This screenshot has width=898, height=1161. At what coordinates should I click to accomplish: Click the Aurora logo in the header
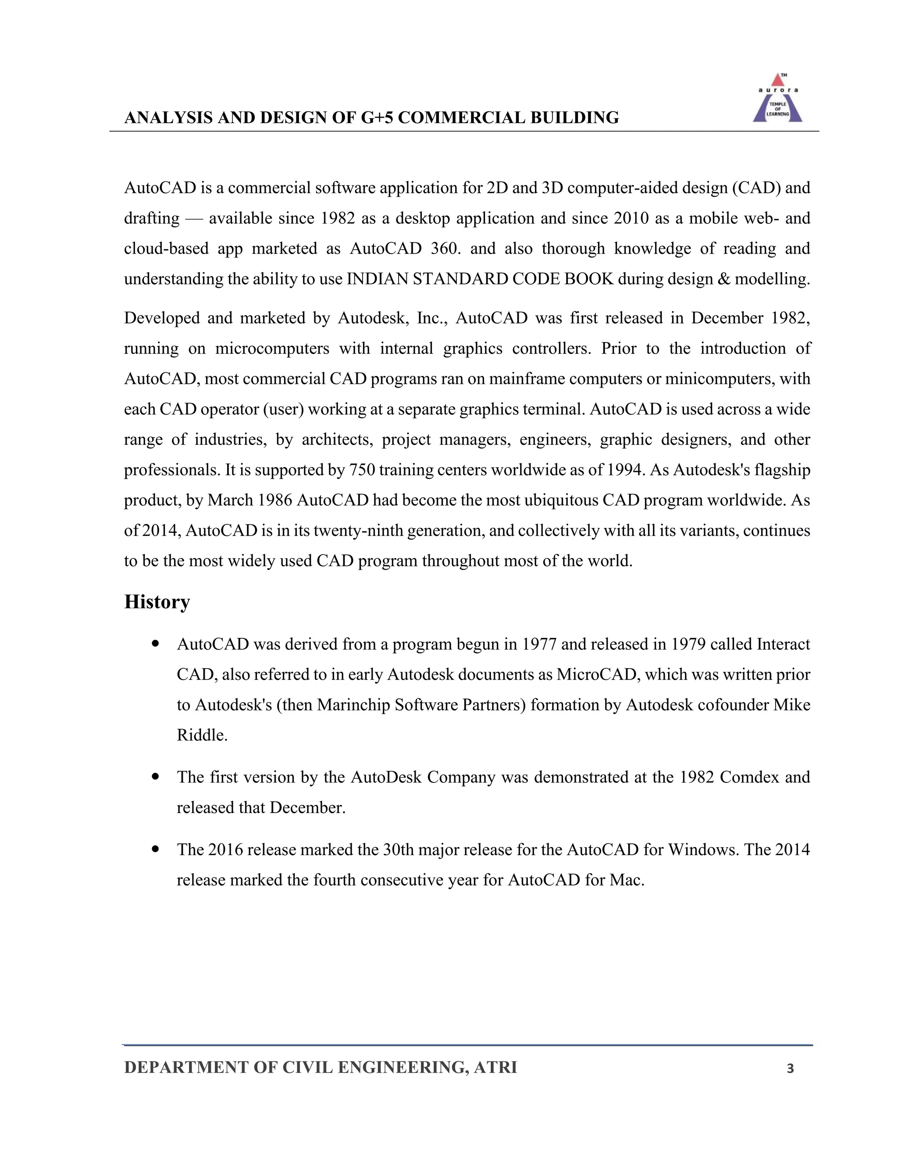point(777,99)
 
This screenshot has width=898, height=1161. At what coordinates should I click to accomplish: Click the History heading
point(157,602)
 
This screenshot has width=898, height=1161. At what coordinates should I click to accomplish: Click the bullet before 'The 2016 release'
point(155,850)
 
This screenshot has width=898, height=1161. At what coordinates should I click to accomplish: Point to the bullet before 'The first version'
point(155,777)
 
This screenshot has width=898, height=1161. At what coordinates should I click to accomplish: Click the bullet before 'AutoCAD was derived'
point(155,644)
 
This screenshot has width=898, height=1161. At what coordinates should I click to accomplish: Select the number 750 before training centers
point(362,470)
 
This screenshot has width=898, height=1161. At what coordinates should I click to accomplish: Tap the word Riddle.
point(202,735)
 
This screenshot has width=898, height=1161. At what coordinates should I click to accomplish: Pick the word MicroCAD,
point(598,675)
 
